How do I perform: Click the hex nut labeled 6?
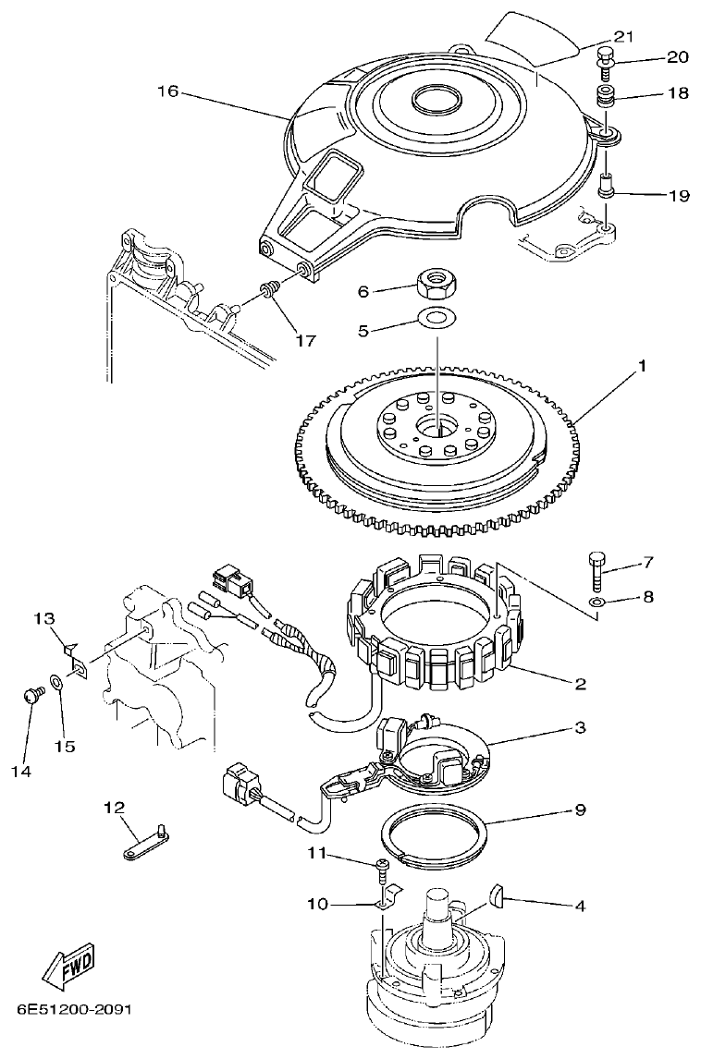click(x=433, y=283)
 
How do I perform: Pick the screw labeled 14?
click(x=31, y=697)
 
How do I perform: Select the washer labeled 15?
click(x=57, y=683)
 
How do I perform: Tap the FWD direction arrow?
click(x=70, y=965)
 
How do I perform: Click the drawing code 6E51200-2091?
click(x=74, y=1007)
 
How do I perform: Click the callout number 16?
click(x=167, y=91)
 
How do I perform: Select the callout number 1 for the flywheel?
click(x=641, y=366)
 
